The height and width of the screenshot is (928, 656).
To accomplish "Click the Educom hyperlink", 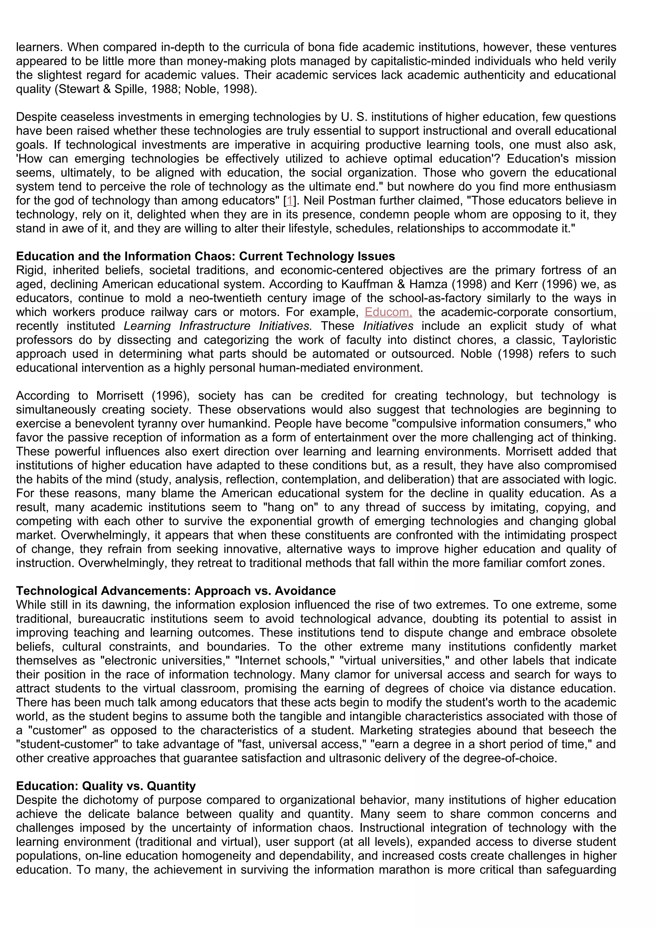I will [x=388, y=312].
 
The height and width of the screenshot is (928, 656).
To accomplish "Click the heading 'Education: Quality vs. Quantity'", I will [x=106, y=786].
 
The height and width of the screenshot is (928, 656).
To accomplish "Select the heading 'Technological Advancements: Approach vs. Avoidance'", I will [x=176, y=591].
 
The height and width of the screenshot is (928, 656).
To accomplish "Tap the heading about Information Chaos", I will [x=205, y=256].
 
